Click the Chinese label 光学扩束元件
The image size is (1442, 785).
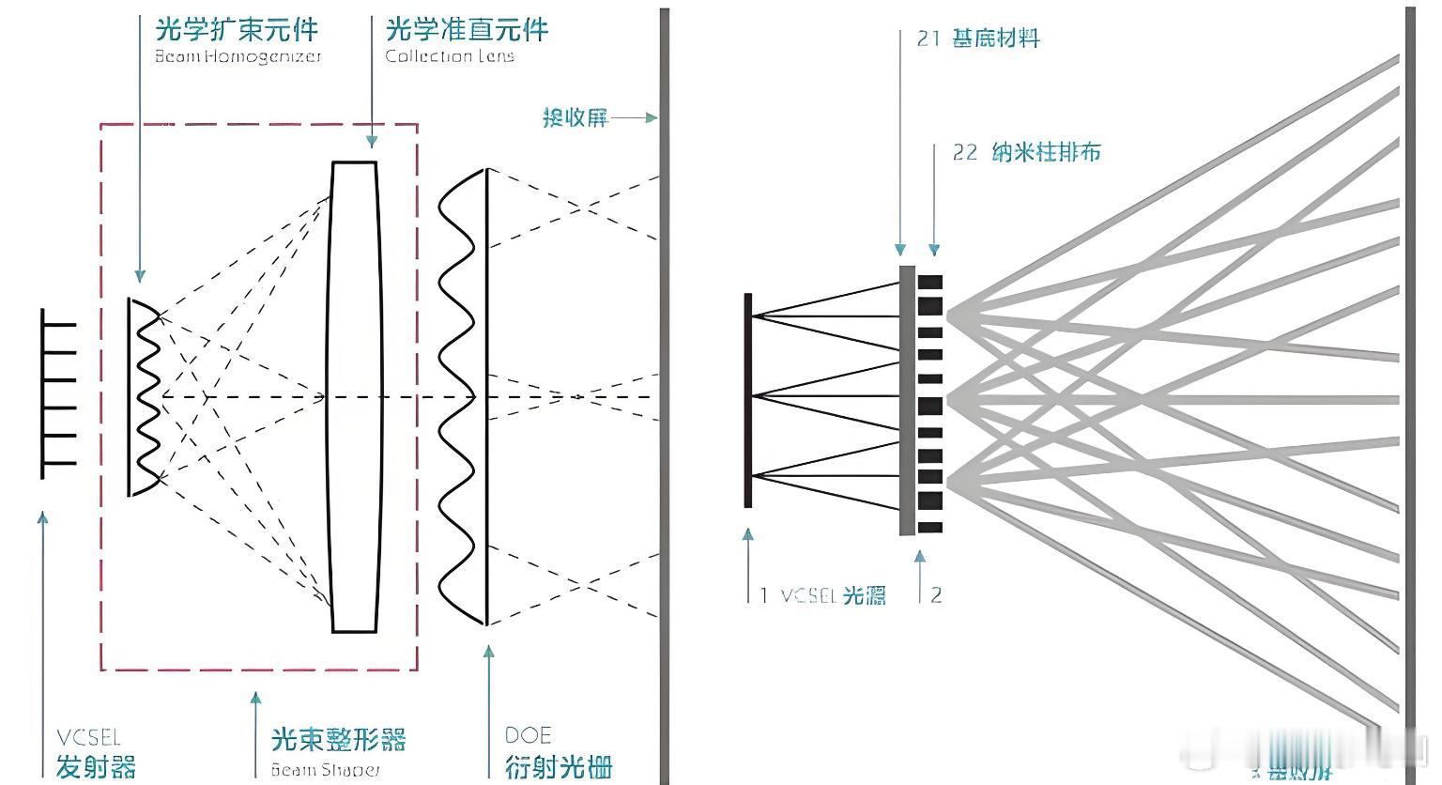click(x=237, y=29)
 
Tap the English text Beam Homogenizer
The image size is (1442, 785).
click(x=238, y=56)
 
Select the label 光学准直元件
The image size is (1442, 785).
click(x=467, y=29)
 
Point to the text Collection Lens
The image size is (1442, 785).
click(x=450, y=56)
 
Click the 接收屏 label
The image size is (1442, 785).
click(x=575, y=117)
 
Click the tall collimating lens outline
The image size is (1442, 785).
click(x=354, y=396)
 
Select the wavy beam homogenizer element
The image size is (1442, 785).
click(x=146, y=396)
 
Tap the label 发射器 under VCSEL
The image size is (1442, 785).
click(x=96, y=766)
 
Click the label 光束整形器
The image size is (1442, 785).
click(x=338, y=740)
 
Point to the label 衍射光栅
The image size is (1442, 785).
click(x=559, y=766)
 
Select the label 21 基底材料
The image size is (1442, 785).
click(x=978, y=38)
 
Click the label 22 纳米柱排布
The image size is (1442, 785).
click(x=1026, y=152)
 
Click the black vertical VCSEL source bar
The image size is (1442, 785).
click(x=748, y=400)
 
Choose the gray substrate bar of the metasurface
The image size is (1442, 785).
click(x=907, y=400)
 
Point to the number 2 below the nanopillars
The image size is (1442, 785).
click(x=935, y=594)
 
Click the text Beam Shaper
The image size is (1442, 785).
click(x=326, y=770)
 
